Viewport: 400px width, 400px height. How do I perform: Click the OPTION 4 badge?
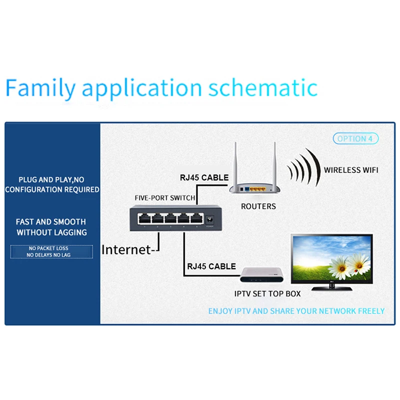click(355, 138)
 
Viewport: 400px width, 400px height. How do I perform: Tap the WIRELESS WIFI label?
click(350, 170)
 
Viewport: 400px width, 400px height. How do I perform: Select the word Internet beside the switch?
click(126, 249)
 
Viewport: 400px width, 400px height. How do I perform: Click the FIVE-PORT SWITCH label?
click(165, 197)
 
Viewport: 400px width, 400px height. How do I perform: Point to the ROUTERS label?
click(258, 206)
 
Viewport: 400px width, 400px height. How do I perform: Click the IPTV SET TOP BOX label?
click(267, 293)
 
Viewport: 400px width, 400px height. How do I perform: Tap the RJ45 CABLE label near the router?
click(204, 177)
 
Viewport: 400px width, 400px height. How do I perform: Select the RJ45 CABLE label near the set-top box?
click(211, 266)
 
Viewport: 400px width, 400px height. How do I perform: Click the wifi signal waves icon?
click(303, 169)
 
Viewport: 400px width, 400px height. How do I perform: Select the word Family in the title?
click(40, 88)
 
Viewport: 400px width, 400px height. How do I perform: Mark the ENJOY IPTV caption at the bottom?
click(296, 311)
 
